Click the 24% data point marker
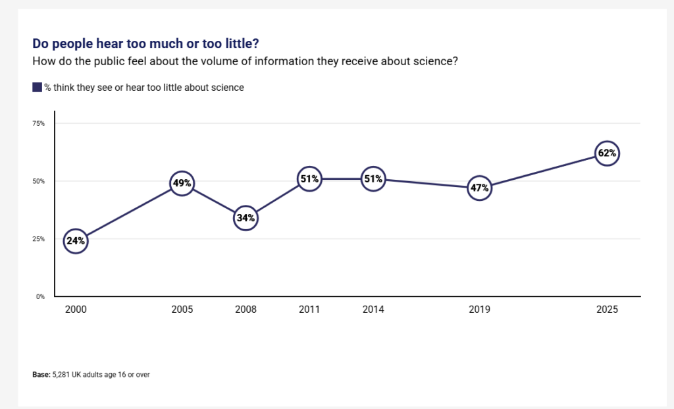coord(75,241)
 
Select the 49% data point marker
coord(182,184)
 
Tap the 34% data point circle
coord(246,218)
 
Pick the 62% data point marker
coord(607,153)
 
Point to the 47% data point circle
coord(479,188)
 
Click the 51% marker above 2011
coord(309,178)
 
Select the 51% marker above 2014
coord(373,178)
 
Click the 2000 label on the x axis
coord(75,310)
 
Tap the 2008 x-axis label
coord(246,310)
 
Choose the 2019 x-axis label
coord(479,310)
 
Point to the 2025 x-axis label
coord(607,310)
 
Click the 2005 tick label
coord(182,310)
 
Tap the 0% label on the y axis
coord(40,296)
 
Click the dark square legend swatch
coord(37,88)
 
